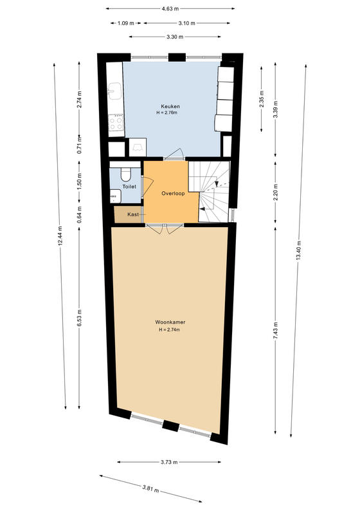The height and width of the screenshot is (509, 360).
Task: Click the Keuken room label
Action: coord(170,106)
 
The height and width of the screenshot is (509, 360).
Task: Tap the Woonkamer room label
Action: coord(170,322)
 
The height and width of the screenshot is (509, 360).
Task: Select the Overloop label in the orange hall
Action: coord(173,194)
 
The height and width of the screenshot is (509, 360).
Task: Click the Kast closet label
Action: coord(133,214)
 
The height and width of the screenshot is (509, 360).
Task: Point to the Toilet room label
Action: coord(129,187)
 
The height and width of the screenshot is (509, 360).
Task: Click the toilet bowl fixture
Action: coord(125,174)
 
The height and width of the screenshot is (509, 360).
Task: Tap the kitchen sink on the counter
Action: coord(115,90)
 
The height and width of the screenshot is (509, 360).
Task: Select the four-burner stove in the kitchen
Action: coord(116,123)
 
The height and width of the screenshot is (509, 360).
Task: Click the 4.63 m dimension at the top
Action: coord(170,9)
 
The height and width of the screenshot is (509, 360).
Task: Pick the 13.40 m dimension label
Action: coord(299,250)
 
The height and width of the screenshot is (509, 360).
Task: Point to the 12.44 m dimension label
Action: coord(60,236)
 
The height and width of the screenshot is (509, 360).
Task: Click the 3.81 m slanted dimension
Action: coord(150,488)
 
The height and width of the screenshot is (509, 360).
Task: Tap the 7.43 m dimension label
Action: coord(275,331)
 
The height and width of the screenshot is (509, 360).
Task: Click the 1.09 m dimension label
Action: coord(126,23)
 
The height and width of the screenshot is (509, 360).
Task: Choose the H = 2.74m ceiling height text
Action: coord(169,329)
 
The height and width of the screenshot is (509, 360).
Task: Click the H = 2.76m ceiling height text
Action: coord(167,113)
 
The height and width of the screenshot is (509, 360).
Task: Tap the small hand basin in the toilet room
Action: coord(115,196)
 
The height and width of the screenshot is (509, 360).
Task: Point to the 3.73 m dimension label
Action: coord(169,462)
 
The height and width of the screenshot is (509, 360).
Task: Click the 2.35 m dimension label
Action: coord(262,98)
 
